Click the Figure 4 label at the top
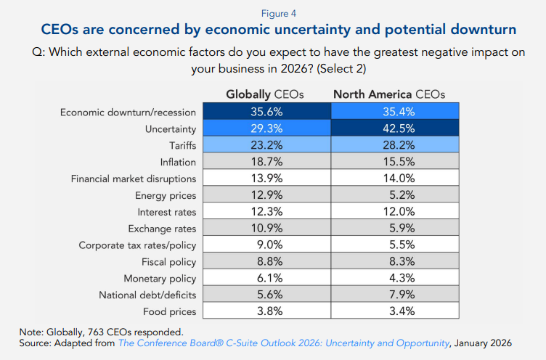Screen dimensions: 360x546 [272, 12]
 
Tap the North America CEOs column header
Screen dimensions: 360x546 [388, 94]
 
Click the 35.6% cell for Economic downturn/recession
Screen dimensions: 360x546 [266, 112]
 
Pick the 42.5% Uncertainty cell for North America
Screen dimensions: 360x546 [395, 128]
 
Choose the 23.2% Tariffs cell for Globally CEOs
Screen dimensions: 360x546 [266, 145]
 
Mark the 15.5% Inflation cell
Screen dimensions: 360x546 [395, 162]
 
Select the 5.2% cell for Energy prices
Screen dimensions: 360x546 [395, 195]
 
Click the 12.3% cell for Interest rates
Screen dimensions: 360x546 [266, 212]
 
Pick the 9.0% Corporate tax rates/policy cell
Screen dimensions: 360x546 [266, 245]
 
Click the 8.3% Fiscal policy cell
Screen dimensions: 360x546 [395, 262]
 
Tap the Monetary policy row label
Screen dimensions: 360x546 [161, 279]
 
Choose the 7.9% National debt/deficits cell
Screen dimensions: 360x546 [395, 295]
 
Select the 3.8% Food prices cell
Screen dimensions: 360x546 [266, 312]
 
